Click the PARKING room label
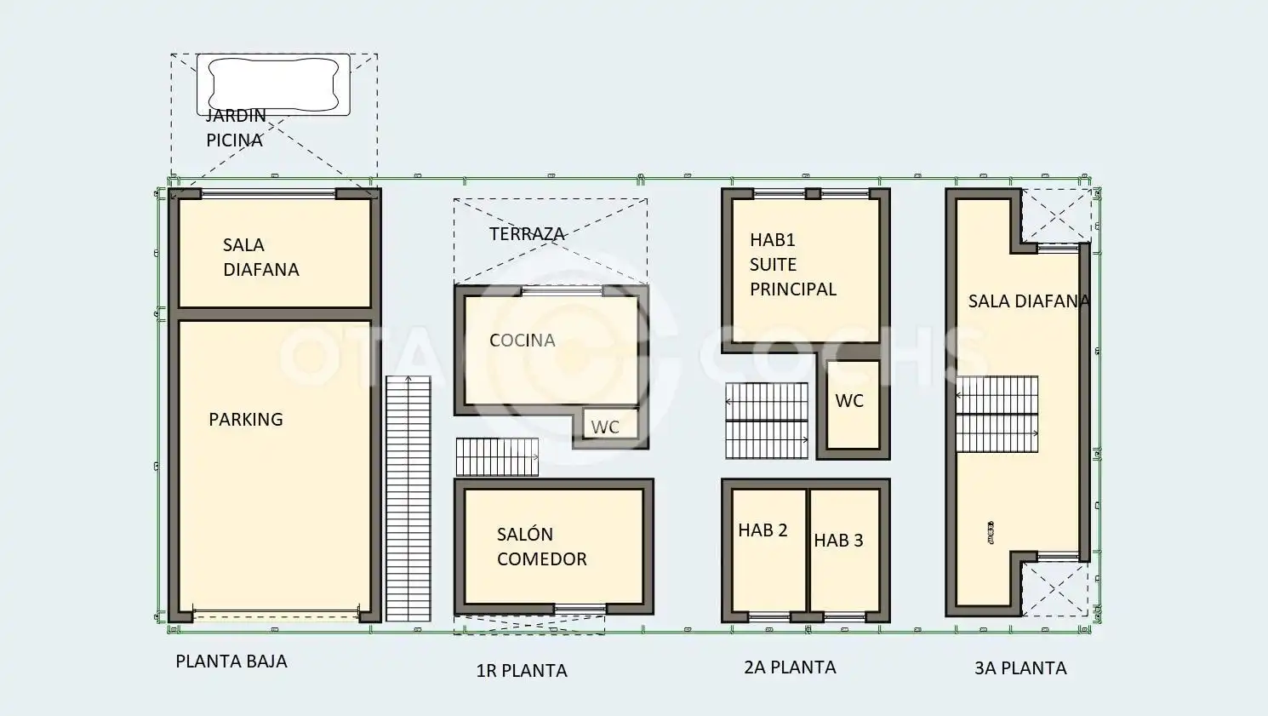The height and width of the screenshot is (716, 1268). pos(246,420)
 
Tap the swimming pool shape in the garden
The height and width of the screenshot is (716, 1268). pos(273,84)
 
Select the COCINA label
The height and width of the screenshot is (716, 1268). pos(522,341)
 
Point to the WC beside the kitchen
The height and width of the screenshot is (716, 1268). pos(605,427)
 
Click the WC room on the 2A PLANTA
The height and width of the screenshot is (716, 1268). pos(853,404)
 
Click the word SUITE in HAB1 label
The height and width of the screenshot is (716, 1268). pos(774,265)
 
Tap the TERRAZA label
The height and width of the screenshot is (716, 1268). pos(527,234)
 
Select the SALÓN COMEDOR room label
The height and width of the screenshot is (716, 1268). pos(542,547)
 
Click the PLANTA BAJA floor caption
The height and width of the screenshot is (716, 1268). pos(231,661)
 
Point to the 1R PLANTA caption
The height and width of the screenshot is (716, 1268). pos(522,671)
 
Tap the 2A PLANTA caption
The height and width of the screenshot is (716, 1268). pos(790,667)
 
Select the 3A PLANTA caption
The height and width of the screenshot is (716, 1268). pos(1020,668)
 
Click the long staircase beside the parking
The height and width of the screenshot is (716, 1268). pos(408,499)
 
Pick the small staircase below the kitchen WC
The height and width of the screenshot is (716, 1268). pos(498,457)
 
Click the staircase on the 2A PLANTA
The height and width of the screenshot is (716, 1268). pos(767,421)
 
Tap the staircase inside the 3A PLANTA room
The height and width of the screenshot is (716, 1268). pos(997,414)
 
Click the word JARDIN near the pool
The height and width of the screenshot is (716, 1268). pos(236,116)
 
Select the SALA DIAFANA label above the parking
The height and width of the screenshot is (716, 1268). pos(260,257)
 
